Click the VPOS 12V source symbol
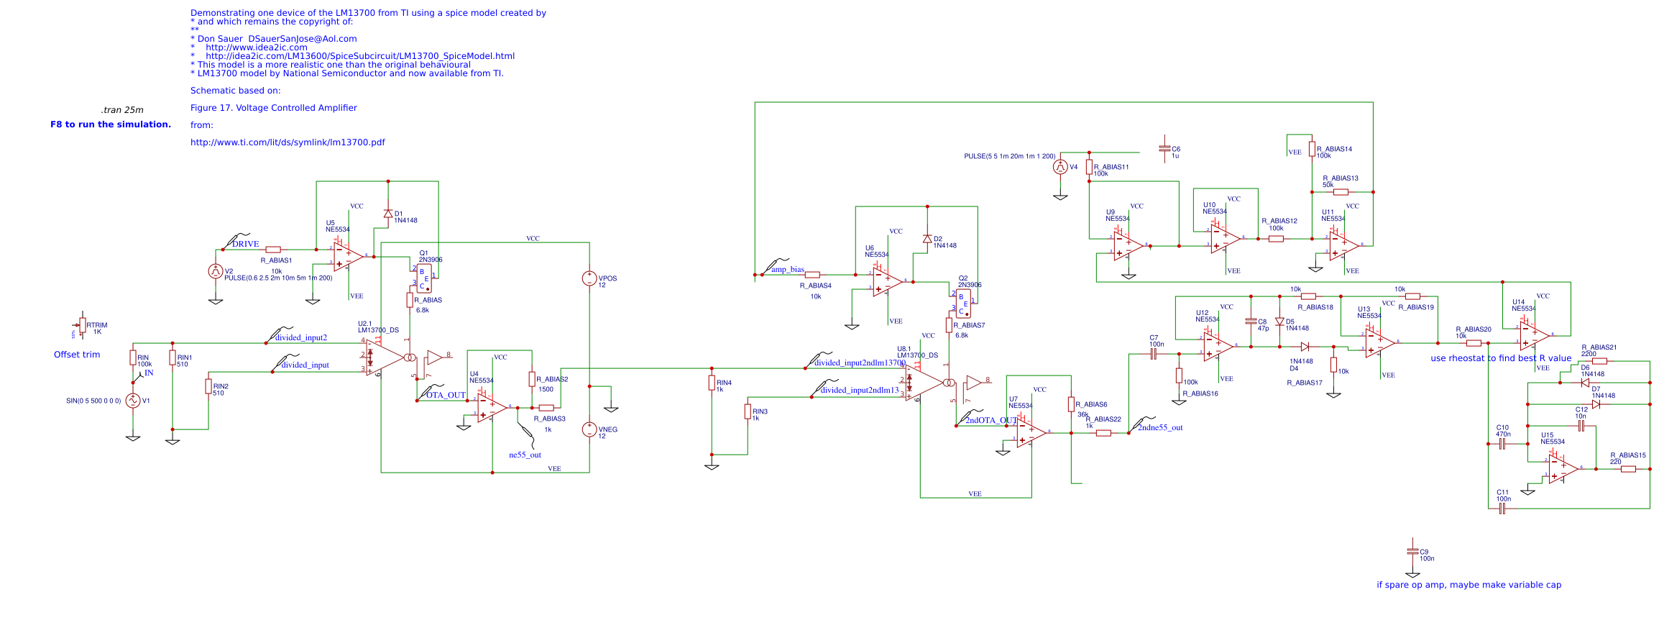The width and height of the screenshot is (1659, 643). pyautogui.click(x=589, y=278)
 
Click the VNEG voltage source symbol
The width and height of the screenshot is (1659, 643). pyautogui.click(x=589, y=430)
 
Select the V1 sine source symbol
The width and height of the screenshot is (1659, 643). pyautogui.click(x=133, y=401)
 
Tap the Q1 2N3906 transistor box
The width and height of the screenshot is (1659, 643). pyautogui.click(x=424, y=278)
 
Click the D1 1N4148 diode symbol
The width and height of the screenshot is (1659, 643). pyautogui.click(x=388, y=214)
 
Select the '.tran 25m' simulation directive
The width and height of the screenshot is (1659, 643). pyautogui.click(x=122, y=110)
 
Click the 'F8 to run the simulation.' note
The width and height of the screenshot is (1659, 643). pyautogui.click(x=111, y=124)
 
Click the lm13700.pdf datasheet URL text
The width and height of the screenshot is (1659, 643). pyautogui.click(x=288, y=142)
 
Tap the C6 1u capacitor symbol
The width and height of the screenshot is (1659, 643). pyautogui.click(x=1164, y=149)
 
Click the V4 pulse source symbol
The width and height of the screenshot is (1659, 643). pyautogui.click(x=1060, y=167)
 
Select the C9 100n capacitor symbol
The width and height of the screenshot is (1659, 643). pyautogui.click(x=1412, y=552)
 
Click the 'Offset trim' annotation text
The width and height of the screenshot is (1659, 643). pyautogui.click(x=77, y=355)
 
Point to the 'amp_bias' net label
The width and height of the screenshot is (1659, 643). pyautogui.click(x=788, y=270)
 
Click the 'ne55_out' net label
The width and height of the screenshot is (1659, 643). pyautogui.click(x=525, y=455)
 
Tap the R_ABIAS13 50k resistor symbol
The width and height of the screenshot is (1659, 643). pyautogui.click(x=1341, y=192)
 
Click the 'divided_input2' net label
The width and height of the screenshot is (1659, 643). pyautogui.click(x=300, y=337)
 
